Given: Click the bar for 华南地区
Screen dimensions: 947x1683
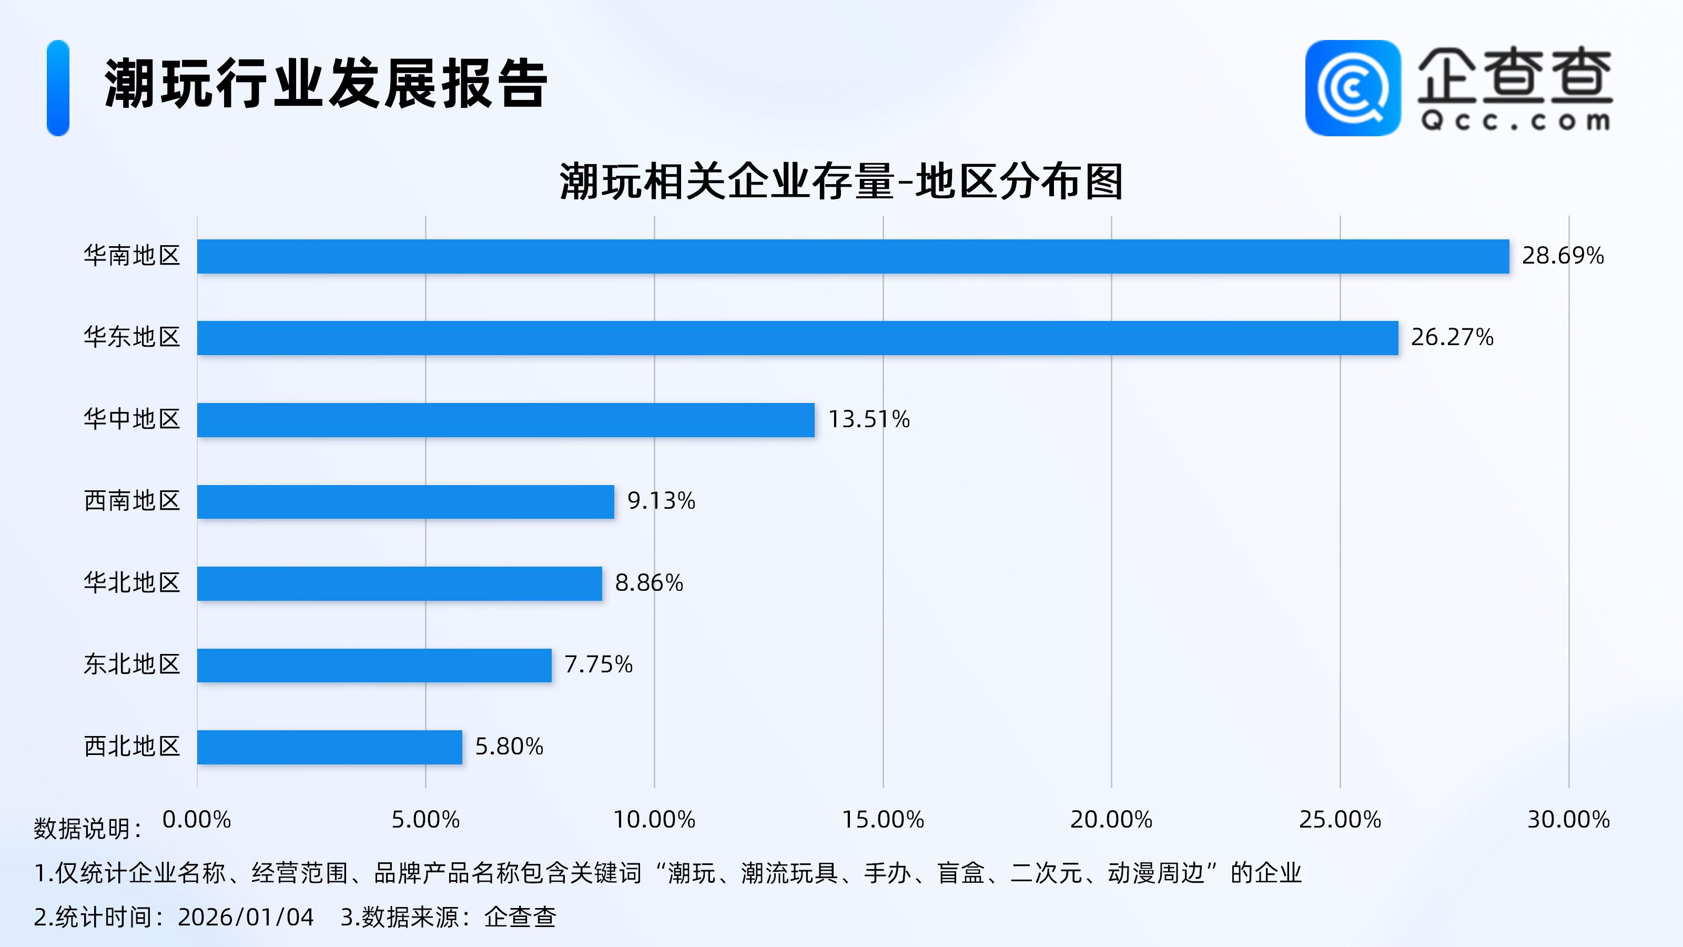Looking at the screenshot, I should tap(853, 256).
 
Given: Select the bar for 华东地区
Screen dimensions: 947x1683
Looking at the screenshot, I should tap(797, 338).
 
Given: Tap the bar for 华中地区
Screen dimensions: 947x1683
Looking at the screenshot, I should tap(505, 420).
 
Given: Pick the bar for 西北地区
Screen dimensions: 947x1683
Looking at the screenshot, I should tap(329, 747).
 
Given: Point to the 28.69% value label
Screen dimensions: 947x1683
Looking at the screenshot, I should tap(1562, 256).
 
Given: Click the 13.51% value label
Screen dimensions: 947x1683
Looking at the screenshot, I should tap(868, 419).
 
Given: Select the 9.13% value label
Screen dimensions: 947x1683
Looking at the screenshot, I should tap(661, 501).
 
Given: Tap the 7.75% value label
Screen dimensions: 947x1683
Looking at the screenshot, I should tap(598, 664).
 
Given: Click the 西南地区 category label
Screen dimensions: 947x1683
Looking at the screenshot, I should tap(132, 501).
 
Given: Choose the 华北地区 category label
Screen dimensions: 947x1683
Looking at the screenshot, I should tap(132, 582).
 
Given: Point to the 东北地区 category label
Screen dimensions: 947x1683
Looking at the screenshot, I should tap(132, 664).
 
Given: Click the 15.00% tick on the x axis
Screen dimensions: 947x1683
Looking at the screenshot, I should tap(883, 820).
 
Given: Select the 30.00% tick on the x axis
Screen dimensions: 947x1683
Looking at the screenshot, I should tap(1568, 820).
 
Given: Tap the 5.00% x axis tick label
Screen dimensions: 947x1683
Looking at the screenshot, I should tap(425, 820).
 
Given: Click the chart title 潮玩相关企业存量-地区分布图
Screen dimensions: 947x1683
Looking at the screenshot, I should tap(841, 181).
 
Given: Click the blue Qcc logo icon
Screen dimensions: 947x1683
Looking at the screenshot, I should tap(1352, 88).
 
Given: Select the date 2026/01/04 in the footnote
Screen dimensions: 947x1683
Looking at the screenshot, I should tap(246, 917).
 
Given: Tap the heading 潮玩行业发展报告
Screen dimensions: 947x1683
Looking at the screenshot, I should tap(326, 84).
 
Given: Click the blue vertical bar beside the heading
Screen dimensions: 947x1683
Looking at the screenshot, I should tap(58, 88).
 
